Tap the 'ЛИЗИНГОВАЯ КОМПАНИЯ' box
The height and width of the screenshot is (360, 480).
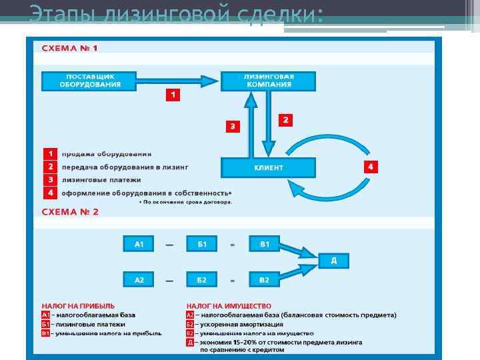pyautogui.click(x=268, y=81)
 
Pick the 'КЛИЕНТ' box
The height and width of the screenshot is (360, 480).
pyautogui.click(x=268, y=167)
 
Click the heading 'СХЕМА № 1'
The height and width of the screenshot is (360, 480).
pyautogui.click(x=70, y=48)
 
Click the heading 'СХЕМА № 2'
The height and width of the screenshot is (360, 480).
pyautogui.click(x=70, y=211)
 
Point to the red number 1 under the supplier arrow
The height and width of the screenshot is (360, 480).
pyautogui.click(x=173, y=95)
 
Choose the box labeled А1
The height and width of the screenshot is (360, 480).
pyautogui.click(x=139, y=244)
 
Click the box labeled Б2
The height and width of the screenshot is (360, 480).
pyautogui.click(x=202, y=280)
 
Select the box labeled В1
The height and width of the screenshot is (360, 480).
pyautogui.click(x=265, y=244)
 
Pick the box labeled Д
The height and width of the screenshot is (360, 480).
pyautogui.click(x=333, y=261)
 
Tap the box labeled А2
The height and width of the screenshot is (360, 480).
pyautogui.click(x=139, y=280)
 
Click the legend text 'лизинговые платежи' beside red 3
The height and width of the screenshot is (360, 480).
pyautogui.click(x=101, y=180)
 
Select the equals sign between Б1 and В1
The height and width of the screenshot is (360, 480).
pyautogui.click(x=233, y=245)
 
